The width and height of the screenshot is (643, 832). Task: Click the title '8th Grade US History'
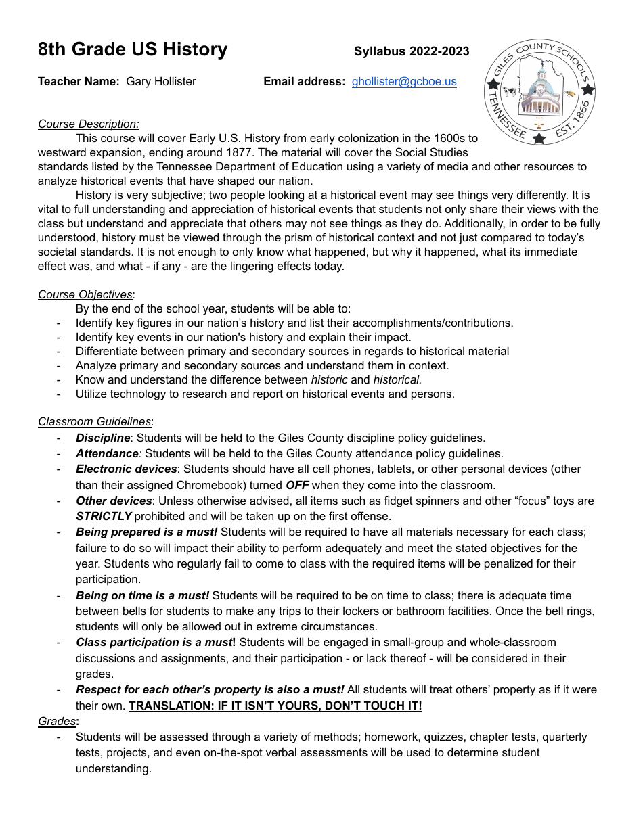pyautogui.click(x=133, y=49)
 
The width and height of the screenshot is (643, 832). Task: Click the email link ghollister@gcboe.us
pyautogui.click(x=404, y=82)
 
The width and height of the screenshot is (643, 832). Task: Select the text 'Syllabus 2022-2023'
pyautogui.click(x=412, y=51)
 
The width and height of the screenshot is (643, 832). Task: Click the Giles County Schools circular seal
pyautogui.click(x=539, y=91)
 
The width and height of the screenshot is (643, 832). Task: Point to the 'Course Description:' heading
pyautogui.click(x=89, y=124)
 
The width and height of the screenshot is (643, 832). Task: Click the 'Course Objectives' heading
pyautogui.click(x=85, y=294)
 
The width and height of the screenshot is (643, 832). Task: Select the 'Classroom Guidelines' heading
pyautogui.click(x=95, y=422)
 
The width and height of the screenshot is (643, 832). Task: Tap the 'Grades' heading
pyautogui.click(x=57, y=722)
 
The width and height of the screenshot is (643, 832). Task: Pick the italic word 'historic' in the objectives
pyautogui.click(x=329, y=379)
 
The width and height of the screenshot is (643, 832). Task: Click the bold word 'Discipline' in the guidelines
pyautogui.click(x=103, y=438)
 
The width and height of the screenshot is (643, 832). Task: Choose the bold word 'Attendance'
pyautogui.click(x=107, y=453)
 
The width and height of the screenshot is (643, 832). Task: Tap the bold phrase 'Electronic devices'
pyautogui.click(x=126, y=469)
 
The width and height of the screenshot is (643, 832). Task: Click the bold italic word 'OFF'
pyautogui.click(x=297, y=485)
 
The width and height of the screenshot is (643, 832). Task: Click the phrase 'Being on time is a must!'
pyautogui.click(x=142, y=595)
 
